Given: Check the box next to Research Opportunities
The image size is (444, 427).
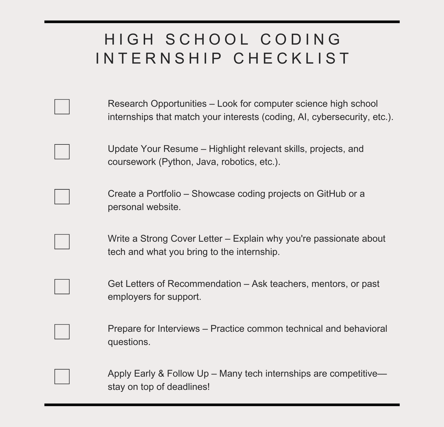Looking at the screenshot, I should pos(62,107).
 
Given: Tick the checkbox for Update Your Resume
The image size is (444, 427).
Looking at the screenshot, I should pos(62,152).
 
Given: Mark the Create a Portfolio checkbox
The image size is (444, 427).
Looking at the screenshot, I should pos(62,197).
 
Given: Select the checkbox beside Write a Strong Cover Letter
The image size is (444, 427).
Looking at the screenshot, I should pos(62,242).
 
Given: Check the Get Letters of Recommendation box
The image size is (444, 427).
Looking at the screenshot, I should pos(62,287).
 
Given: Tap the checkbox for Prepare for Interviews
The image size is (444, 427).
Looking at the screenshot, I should pos(62,332).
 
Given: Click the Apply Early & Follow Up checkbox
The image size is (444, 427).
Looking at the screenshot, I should pos(62,376).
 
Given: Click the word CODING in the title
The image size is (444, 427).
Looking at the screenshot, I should pos(301,39).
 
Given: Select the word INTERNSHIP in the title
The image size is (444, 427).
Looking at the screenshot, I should pos(159,58).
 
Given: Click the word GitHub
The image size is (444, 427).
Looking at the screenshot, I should pos(331,194).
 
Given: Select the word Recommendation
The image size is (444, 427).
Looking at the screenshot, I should pos(204,284).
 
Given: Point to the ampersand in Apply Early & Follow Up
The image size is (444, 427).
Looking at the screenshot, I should pos(161,373).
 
